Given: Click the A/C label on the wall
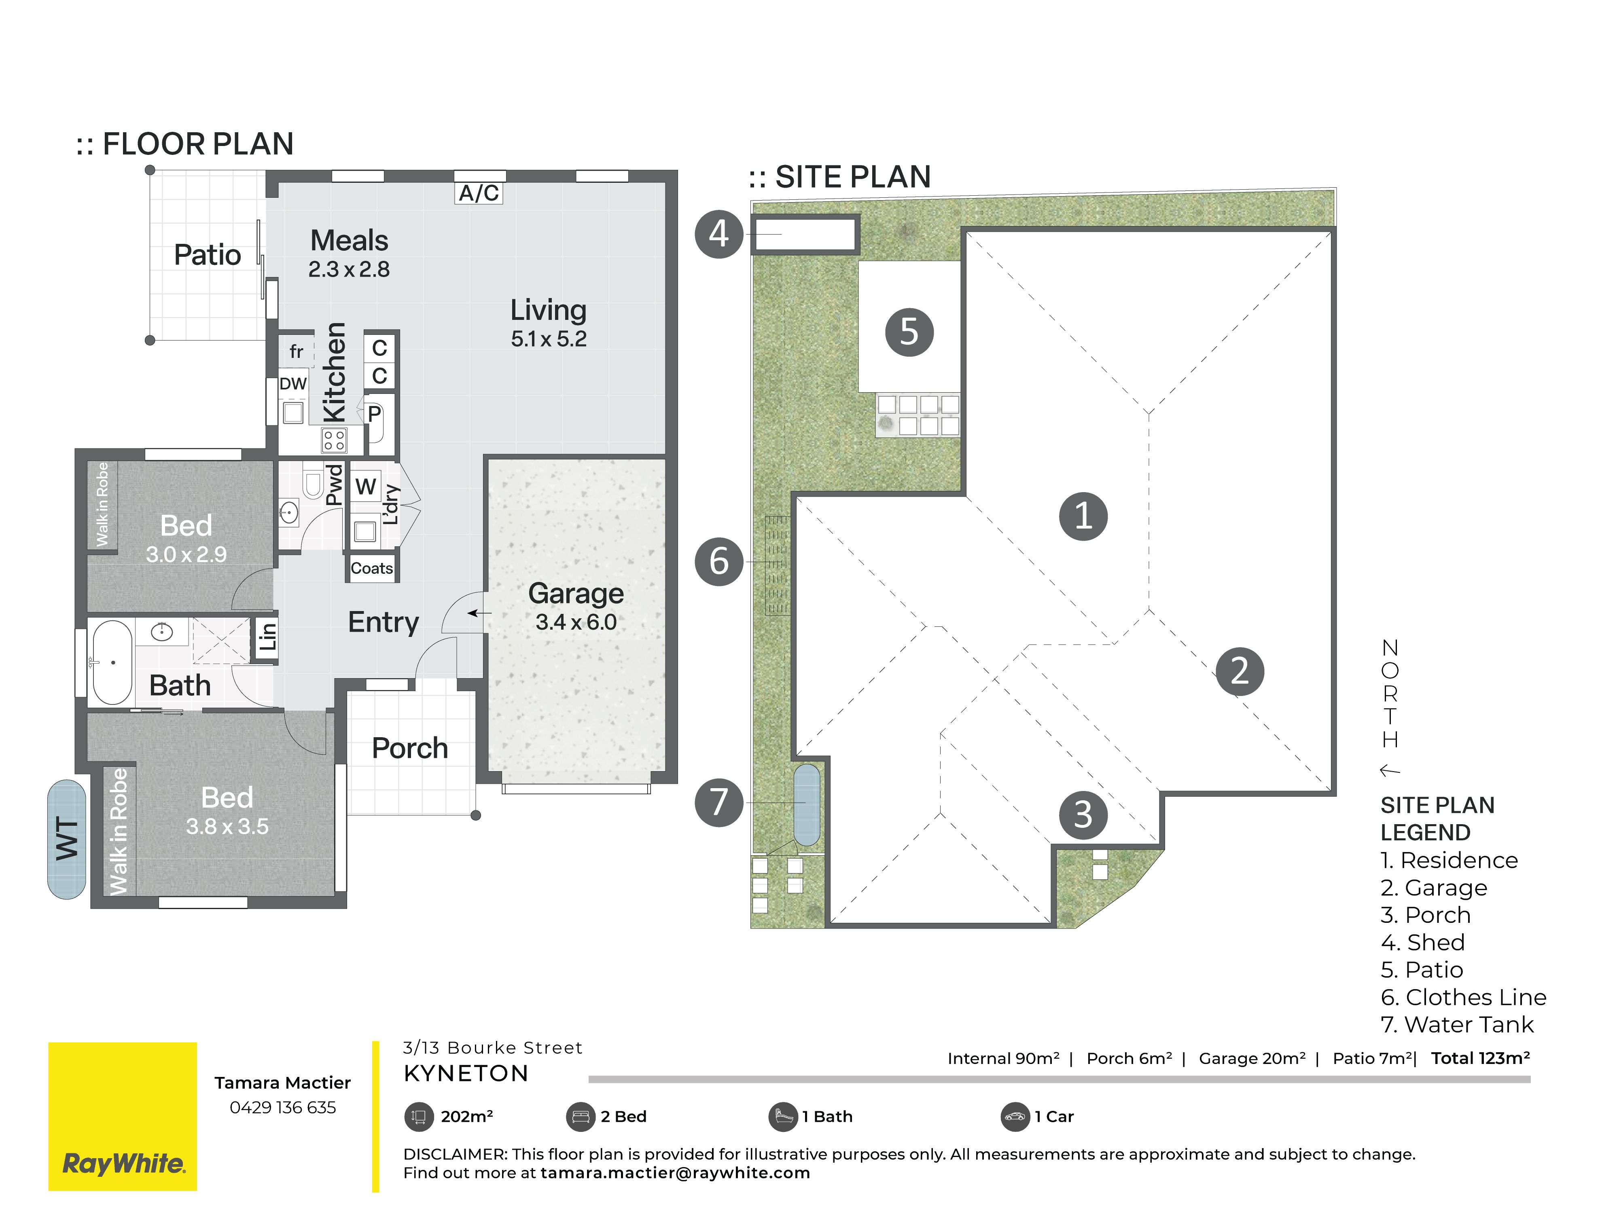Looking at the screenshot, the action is click(479, 193).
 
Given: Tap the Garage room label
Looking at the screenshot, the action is click(576, 594).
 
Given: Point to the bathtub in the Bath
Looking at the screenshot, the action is click(113, 663).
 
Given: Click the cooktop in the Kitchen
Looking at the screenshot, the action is click(334, 440).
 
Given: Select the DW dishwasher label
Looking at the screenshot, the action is click(293, 383).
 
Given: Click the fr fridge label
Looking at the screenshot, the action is click(296, 351).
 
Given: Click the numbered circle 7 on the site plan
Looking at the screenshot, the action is click(719, 802).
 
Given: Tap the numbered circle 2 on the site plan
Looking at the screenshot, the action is click(1240, 671).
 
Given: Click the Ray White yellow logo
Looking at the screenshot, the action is click(122, 1116).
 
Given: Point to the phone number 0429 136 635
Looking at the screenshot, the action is click(282, 1107).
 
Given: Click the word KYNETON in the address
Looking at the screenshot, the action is click(466, 1074).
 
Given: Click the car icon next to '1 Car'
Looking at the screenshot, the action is click(1015, 1117).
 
